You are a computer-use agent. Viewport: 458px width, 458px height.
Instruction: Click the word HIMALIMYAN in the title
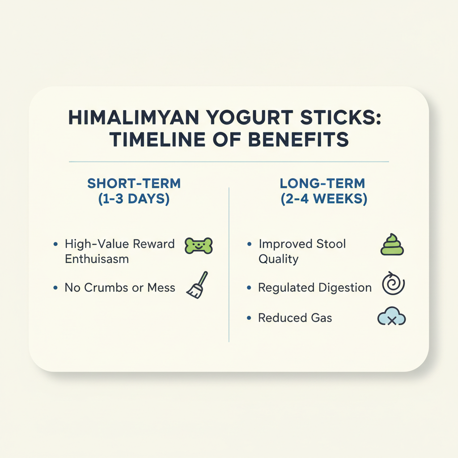coord(134,118)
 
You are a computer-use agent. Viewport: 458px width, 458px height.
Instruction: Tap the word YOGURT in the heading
coord(250,118)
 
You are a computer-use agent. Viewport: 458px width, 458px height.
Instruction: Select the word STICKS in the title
coord(340,118)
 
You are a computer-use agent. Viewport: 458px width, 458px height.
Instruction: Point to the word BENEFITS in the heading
coord(298,140)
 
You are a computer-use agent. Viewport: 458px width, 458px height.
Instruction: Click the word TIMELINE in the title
coord(157,140)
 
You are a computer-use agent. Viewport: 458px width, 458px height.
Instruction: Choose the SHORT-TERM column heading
coord(134,183)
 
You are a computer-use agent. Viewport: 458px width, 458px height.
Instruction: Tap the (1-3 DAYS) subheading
coord(134,199)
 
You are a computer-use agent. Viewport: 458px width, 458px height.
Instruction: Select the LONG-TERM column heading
coord(322,183)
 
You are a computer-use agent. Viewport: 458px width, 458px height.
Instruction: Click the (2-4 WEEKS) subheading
coord(324,199)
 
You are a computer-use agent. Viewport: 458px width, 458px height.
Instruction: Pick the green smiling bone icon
coord(199,246)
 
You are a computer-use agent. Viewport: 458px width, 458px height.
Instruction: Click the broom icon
coord(197,285)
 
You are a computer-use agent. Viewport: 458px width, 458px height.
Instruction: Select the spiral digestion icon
coord(393,283)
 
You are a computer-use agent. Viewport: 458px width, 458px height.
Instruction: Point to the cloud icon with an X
coord(392,316)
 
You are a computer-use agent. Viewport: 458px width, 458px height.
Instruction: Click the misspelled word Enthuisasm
coord(97,259)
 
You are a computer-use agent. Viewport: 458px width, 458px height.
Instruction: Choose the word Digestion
coord(345,288)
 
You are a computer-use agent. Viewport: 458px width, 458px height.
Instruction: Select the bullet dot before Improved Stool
coord(249,244)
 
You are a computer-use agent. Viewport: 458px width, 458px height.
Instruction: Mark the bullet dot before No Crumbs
coord(55,288)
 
